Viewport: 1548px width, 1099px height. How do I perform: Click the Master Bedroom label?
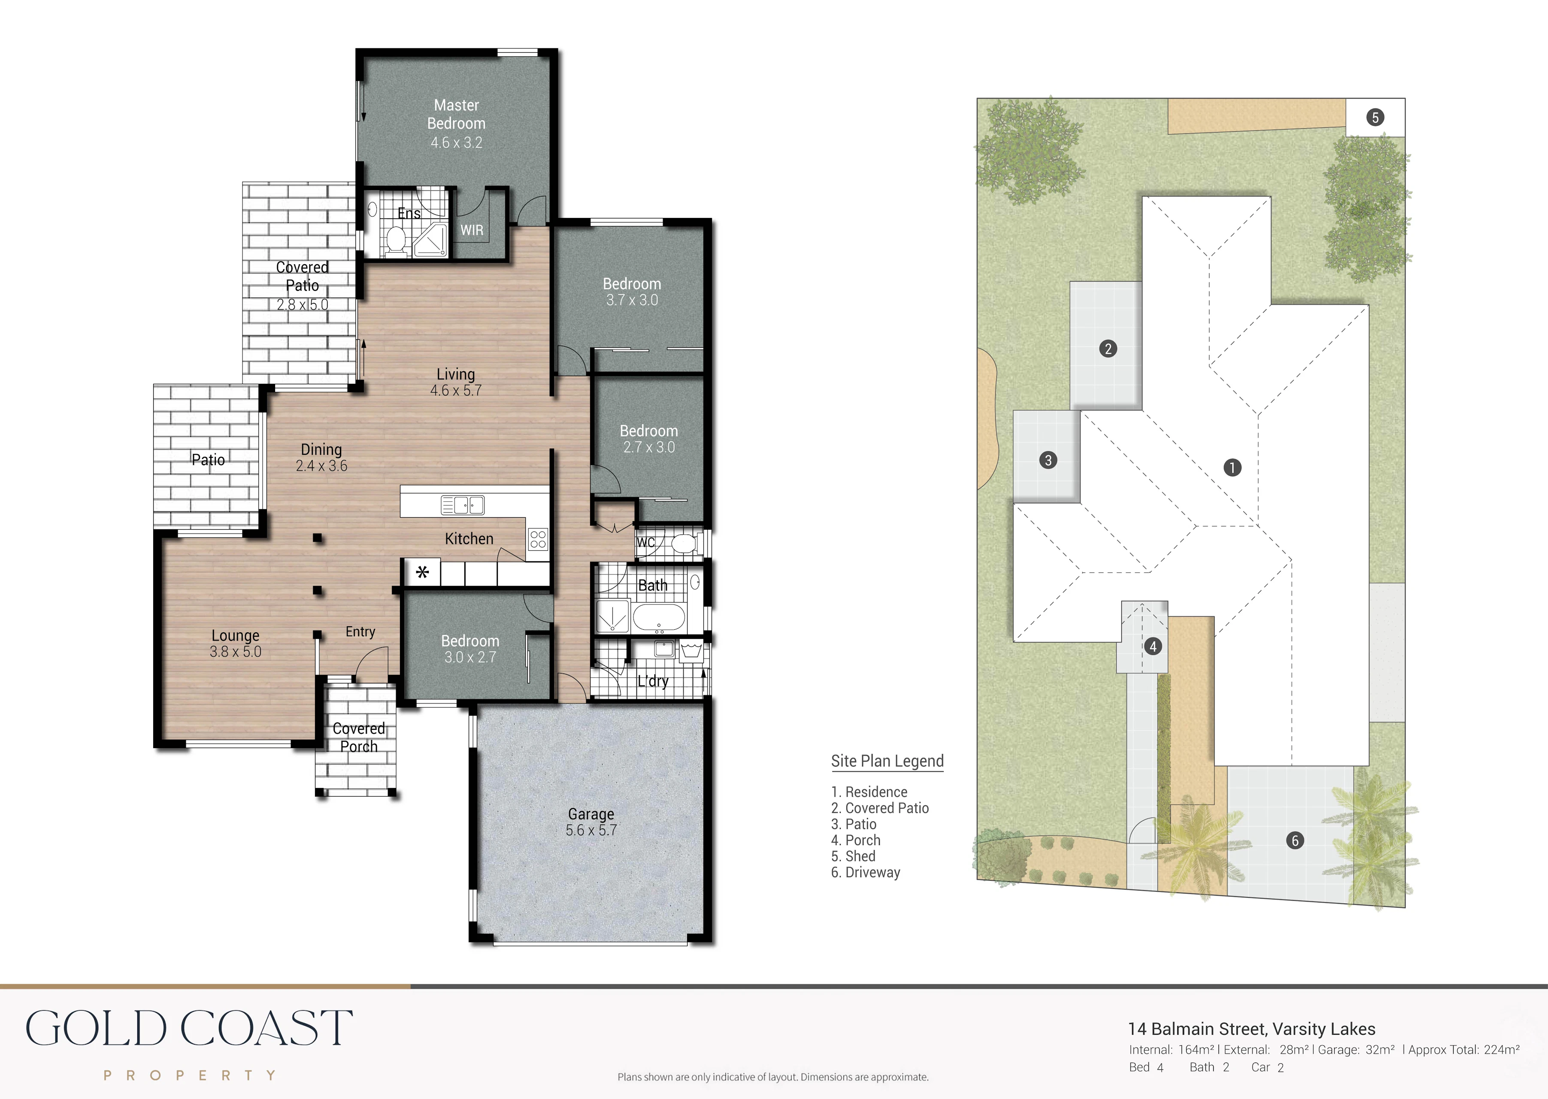pyautogui.click(x=456, y=115)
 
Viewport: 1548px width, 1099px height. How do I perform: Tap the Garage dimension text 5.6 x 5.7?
pyautogui.click(x=591, y=830)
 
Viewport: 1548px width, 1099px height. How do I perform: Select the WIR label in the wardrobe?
pyautogui.click(x=472, y=230)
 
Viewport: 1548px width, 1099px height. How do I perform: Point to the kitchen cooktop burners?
pyautogui.click(x=538, y=539)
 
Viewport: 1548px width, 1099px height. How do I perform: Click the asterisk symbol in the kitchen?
pyautogui.click(x=422, y=573)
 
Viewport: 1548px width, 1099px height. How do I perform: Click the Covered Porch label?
pyautogui.click(x=359, y=737)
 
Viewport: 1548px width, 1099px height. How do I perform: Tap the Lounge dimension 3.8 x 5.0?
pyautogui.click(x=236, y=652)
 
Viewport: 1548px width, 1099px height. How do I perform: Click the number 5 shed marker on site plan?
pyautogui.click(x=1375, y=118)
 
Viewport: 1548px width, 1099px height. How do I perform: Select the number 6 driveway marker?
pyautogui.click(x=1295, y=840)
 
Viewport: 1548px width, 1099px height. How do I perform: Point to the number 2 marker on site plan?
pyautogui.click(x=1108, y=348)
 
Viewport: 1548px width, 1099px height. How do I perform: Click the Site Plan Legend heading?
pyautogui.click(x=888, y=761)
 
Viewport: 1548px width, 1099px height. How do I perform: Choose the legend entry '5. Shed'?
pyautogui.click(x=854, y=856)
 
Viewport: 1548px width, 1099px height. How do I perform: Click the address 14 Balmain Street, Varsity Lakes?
pyautogui.click(x=1251, y=1030)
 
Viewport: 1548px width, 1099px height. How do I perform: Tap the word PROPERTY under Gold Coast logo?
pyautogui.click(x=190, y=1075)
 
